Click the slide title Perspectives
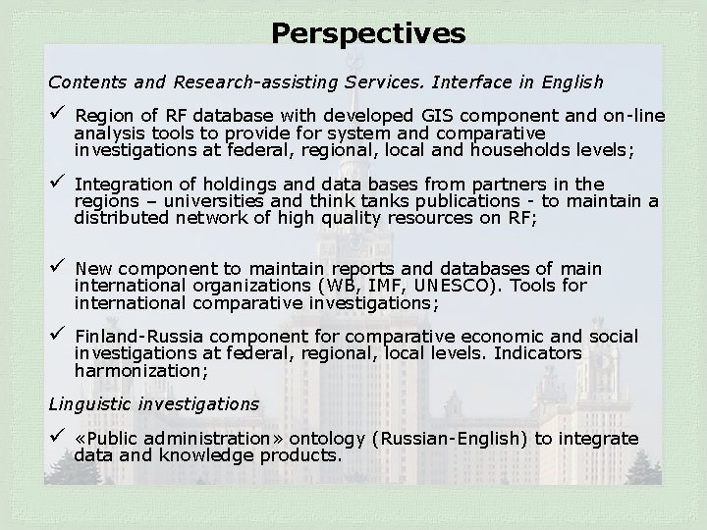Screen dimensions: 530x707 (x=368, y=34)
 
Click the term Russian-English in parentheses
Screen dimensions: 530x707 (x=469, y=439)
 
